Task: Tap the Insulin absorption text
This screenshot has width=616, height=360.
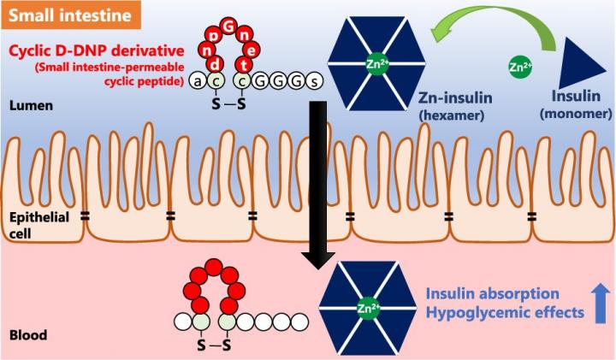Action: [x=493, y=293]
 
